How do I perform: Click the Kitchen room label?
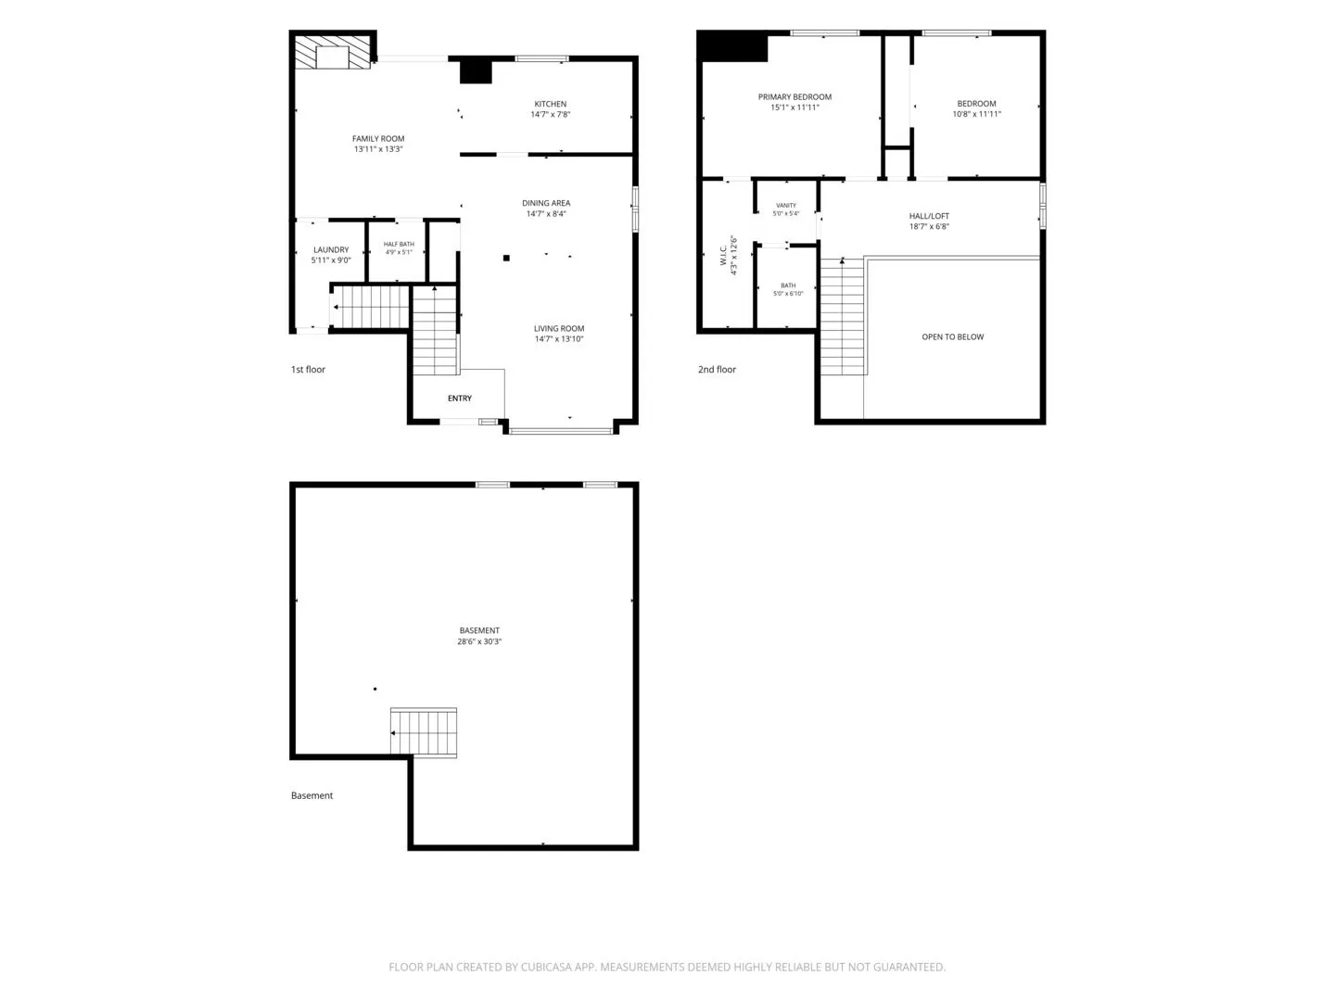(x=550, y=104)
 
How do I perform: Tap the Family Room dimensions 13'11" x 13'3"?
(x=378, y=149)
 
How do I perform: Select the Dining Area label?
(x=545, y=203)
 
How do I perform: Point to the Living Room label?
(x=558, y=328)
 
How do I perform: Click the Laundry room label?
(x=331, y=250)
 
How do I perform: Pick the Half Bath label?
(x=399, y=245)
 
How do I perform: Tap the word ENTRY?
(x=459, y=399)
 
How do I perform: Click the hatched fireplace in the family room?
(x=332, y=52)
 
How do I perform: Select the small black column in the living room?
(x=506, y=259)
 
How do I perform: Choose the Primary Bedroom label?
(x=795, y=96)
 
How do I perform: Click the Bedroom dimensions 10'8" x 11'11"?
(x=976, y=114)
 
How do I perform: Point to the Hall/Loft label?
(x=929, y=216)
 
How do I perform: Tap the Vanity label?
(x=786, y=206)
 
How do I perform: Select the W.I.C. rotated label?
(x=723, y=255)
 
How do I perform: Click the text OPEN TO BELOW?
(x=952, y=336)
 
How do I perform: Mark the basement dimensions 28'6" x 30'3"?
(x=479, y=641)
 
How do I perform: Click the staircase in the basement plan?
(x=424, y=732)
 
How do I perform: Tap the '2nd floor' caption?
(x=717, y=369)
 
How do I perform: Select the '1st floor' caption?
(x=308, y=369)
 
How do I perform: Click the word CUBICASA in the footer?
(x=546, y=967)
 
